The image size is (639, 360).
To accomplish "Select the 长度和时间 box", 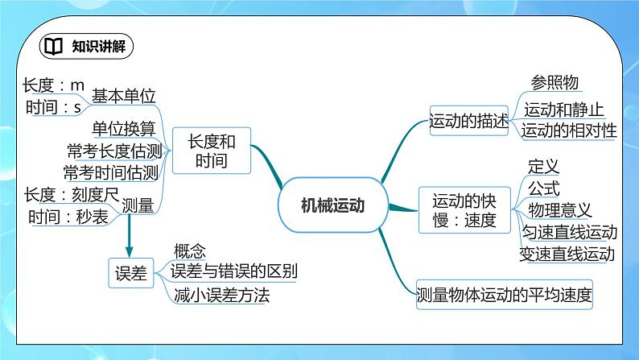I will tap(212, 151).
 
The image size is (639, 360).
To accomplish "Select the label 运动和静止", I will tap(563, 110).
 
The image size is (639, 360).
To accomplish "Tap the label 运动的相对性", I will tap(568, 130).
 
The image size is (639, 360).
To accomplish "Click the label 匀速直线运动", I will tap(568, 233).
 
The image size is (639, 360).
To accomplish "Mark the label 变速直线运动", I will tap(568, 254).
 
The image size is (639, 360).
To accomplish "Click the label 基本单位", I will tap(123, 95).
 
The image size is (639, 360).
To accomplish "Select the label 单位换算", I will tap(123, 129).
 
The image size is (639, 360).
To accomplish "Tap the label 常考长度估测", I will tap(113, 151).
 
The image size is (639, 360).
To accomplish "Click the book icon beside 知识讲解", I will tap(52, 45).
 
